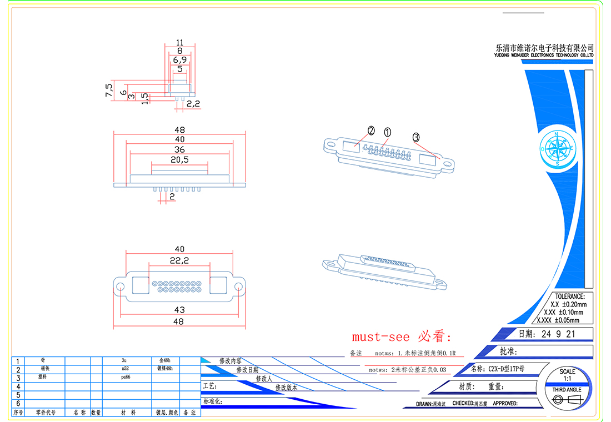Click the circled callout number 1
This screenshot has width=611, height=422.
coord(387,132)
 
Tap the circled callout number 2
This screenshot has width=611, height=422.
coord(370,131)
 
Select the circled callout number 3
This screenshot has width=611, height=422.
coord(415,137)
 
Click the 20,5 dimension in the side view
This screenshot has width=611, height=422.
coord(179,160)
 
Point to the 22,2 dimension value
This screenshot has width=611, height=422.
coord(179,260)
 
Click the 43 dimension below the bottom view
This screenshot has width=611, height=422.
coord(179,310)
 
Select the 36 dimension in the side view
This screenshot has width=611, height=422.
coord(179,150)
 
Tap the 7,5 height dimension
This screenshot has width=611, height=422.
coord(109,89)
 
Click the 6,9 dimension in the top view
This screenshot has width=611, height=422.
coord(179,59)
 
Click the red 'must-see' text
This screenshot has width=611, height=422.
coord(380,337)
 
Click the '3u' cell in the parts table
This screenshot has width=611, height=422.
coord(123,360)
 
